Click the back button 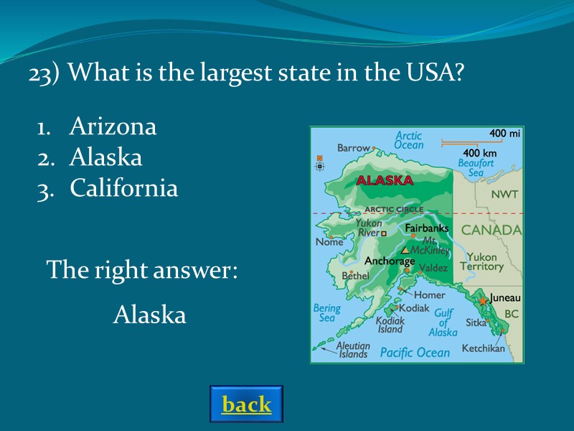point(246,404)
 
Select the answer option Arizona point(113,127)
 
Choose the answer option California point(123,189)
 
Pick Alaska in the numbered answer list point(105,158)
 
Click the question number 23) point(44,73)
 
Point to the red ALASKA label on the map point(385,180)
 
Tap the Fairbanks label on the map point(427,228)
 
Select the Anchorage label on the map point(390,261)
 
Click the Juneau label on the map point(505,297)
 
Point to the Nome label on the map point(329,242)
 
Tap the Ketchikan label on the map point(483,348)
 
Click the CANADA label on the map point(491,231)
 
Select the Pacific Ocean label point(415,353)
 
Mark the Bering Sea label point(326,313)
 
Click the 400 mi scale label point(504,134)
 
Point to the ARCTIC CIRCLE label point(394,210)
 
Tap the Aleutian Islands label point(352,350)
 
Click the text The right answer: point(141,271)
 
